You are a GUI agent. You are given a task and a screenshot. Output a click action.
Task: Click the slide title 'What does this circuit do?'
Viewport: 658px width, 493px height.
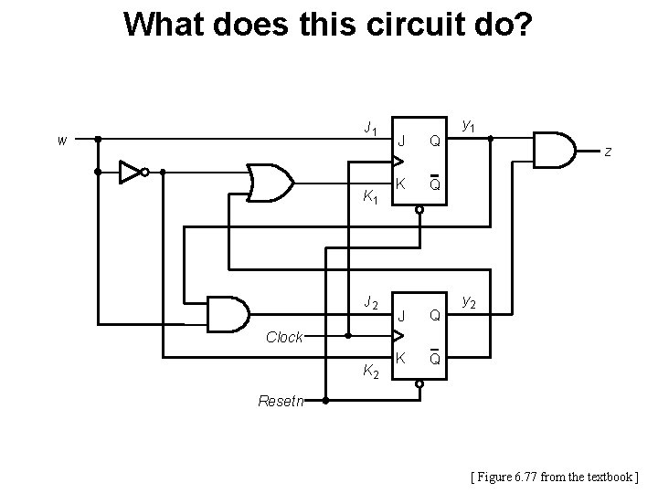point(326,25)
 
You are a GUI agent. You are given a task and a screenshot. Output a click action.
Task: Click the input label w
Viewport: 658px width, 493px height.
point(61,141)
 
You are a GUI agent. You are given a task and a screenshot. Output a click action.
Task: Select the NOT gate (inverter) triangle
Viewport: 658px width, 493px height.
point(132,171)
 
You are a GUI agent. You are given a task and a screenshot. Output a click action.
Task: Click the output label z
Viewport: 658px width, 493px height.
point(607,152)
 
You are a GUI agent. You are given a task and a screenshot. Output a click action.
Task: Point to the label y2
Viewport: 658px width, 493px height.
point(469,299)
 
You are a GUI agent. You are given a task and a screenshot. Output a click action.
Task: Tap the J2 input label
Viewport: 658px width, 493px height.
point(370,301)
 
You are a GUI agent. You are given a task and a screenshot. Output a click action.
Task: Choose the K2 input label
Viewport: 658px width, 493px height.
point(370,371)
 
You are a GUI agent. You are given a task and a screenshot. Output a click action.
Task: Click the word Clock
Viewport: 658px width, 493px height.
point(283,337)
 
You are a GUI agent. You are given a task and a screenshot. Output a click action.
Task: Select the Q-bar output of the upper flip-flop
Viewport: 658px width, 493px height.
point(436,184)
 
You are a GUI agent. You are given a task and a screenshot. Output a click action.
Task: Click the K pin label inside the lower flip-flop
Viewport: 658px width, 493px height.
point(400,357)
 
